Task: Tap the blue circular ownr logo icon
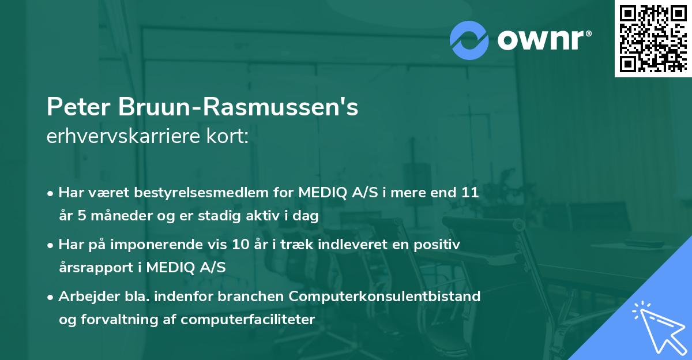point(469,40)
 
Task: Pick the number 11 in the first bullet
point(471,193)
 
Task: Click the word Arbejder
point(86,297)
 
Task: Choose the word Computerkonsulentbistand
point(385,297)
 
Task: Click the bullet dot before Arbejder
point(51,297)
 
